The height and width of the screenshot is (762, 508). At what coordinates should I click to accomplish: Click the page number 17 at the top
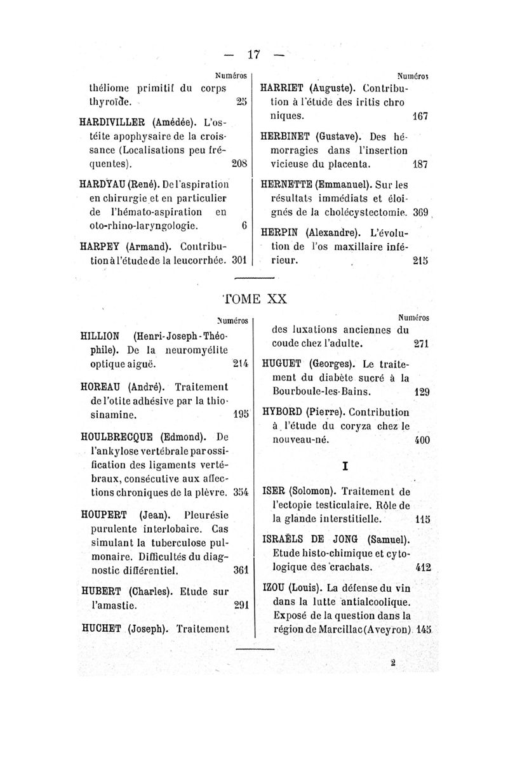coord(254,55)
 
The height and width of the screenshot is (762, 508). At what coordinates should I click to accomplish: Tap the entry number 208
coord(238,163)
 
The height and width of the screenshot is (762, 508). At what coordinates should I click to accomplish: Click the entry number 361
coord(239,570)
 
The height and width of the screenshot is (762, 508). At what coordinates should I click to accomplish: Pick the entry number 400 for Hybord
coord(421,440)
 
